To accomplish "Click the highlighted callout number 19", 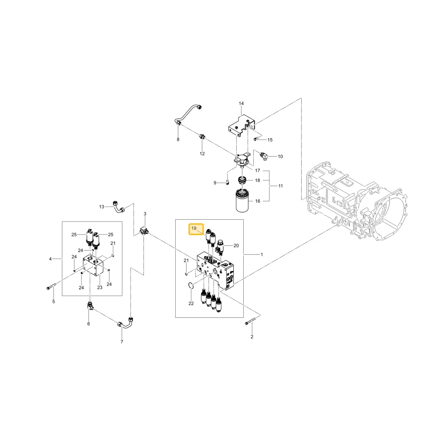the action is (194, 228).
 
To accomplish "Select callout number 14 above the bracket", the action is (241, 103).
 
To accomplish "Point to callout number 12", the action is (202, 153).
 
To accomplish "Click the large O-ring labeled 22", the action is (190, 286).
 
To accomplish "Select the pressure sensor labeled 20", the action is (220, 246).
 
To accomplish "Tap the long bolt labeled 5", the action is (51, 286).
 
